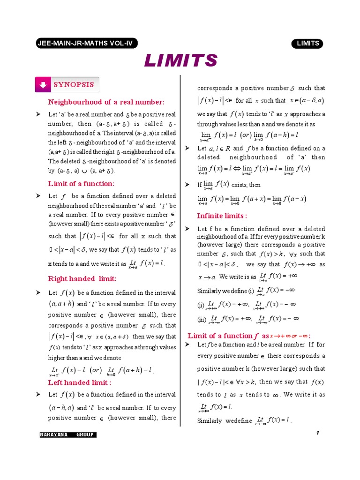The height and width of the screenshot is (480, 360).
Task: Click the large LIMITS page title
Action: pyautogui.click(x=180, y=60)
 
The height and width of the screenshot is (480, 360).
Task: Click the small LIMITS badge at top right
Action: pyautogui.click(x=307, y=44)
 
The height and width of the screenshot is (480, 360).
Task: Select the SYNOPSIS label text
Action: pyautogui.click(x=73, y=85)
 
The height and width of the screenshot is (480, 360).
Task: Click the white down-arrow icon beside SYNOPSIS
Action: pyautogui.click(x=43, y=85)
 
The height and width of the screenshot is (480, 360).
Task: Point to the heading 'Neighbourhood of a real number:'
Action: pyautogui.click(x=106, y=102)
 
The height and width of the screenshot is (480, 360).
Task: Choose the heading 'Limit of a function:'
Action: pyautogui.click(x=81, y=183)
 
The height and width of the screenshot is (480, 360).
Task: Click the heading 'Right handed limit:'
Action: pyautogui.click(x=82, y=278)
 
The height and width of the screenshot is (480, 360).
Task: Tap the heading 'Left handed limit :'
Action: pyautogui.click(x=80, y=382)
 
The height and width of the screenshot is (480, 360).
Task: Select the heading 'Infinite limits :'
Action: pyautogui.click(x=222, y=216)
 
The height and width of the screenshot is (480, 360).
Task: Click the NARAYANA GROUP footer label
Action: pyautogui.click(x=68, y=435)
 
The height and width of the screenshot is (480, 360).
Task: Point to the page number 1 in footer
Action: pyautogui.click(x=317, y=433)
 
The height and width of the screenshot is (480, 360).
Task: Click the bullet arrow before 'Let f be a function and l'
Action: pyautogui.click(x=187, y=345)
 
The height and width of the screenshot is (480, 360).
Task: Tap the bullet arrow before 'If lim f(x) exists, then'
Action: pyautogui.click(x=187, y=185)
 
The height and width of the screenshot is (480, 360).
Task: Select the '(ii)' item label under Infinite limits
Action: pyautogui.click(x=201, y=306)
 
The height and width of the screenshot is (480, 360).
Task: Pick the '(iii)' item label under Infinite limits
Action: pyautogui.click(x=202, y=320)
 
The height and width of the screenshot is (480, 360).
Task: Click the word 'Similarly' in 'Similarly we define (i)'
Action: pyautogui.click(x=209, y=291)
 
